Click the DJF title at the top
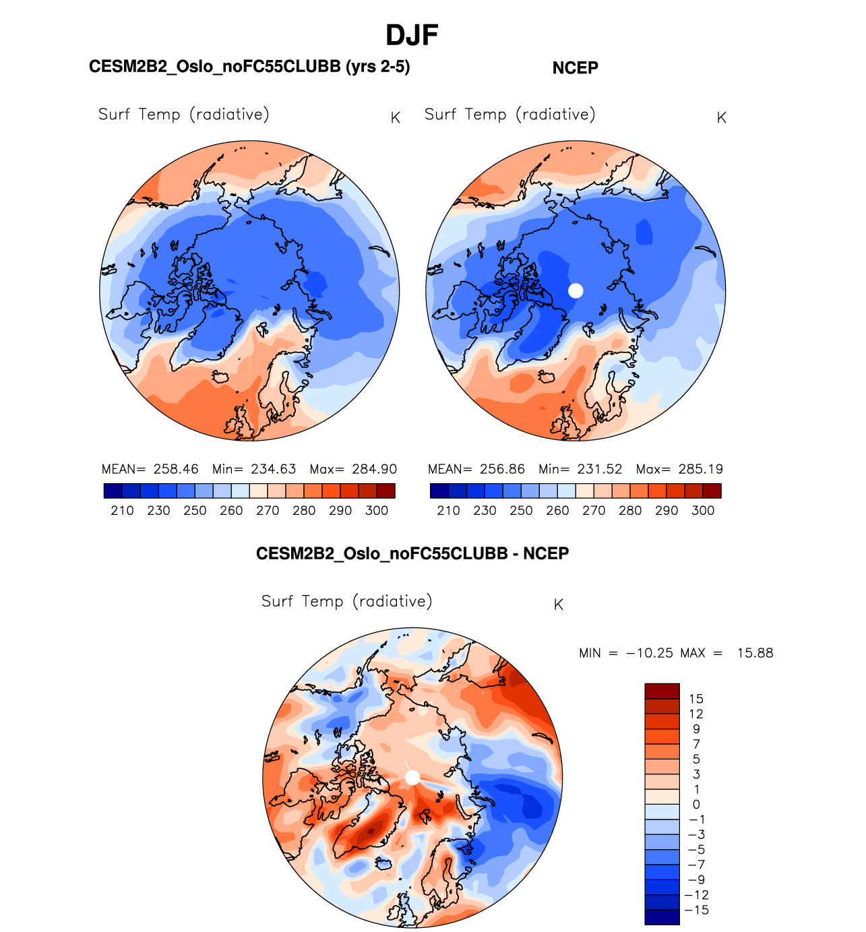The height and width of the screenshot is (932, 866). coord(412,36)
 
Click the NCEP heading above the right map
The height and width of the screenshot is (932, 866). coord(575,68)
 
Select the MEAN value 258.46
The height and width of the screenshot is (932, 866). coord(176,469)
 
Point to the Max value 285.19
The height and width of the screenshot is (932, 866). coord(701,469)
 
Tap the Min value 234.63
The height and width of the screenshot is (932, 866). coord(273,469)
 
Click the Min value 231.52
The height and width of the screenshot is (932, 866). coord(599,469)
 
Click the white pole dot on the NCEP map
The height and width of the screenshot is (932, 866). coord(576,290)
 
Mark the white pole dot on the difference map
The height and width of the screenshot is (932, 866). coord(412,778)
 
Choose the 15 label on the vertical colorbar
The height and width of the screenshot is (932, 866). coord(696,699)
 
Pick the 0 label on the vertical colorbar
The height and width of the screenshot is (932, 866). coord(696,804)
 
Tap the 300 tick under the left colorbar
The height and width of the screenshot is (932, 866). coord(377,510)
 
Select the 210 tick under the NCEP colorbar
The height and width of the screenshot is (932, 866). coord(448,510)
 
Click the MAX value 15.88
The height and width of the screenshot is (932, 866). coord(755,653)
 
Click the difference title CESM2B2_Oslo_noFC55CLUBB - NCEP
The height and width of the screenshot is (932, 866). coord(412,554)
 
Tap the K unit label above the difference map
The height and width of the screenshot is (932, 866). coord(558,605)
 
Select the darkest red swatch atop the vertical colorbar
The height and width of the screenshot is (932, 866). coord(662,691)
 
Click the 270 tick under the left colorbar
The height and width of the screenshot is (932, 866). coord(268,510)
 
